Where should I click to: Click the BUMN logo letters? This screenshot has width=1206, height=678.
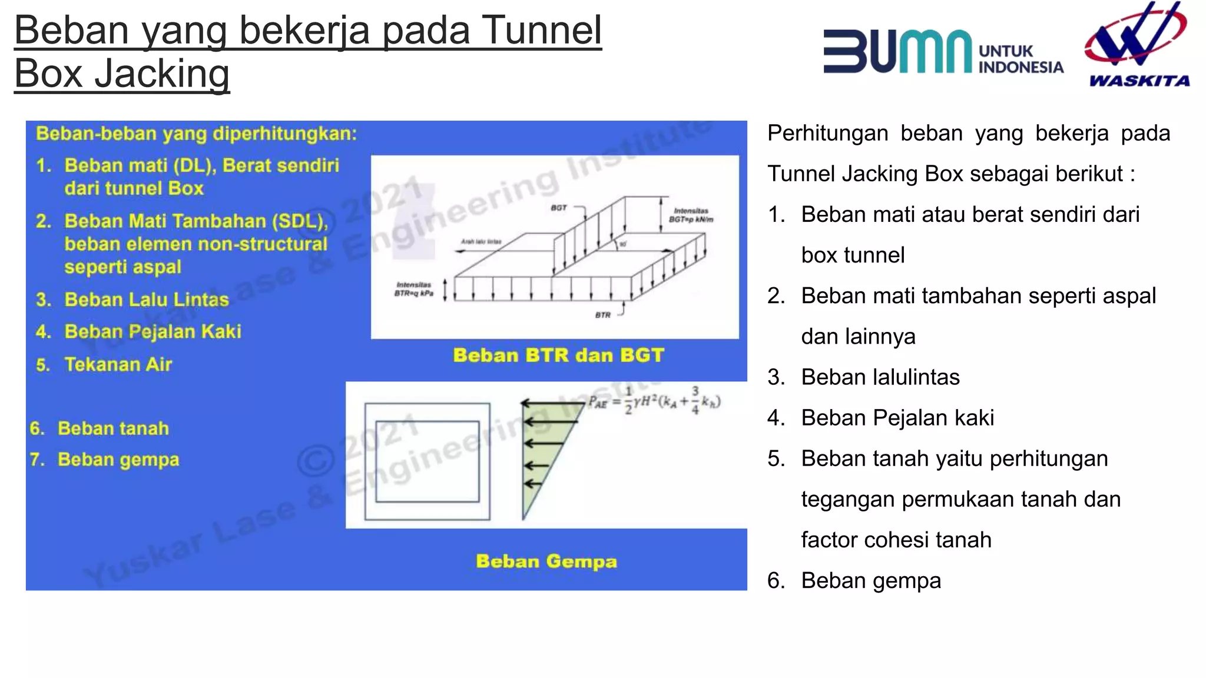897,52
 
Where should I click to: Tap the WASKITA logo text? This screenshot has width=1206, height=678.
1139,81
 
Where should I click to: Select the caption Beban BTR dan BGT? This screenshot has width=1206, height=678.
558,355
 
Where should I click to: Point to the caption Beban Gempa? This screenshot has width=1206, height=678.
546,561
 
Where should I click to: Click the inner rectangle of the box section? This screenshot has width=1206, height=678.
428,461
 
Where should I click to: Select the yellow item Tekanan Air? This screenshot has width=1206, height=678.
118,365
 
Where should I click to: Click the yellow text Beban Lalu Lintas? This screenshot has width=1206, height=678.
146,300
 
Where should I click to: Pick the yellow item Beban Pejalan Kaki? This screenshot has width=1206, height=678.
153,332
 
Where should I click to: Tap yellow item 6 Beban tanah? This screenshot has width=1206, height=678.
113,428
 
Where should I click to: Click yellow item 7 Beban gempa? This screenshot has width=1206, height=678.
118,460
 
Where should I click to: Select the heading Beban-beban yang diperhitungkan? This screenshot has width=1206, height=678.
196,134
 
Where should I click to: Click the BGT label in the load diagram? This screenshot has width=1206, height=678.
558,208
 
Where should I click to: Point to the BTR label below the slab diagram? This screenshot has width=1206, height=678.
602,315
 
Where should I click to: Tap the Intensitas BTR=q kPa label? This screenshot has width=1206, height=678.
413,289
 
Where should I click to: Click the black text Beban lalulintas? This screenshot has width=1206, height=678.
880,377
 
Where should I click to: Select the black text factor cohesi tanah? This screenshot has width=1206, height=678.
896,540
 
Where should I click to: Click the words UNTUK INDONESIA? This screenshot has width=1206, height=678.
1020,59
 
